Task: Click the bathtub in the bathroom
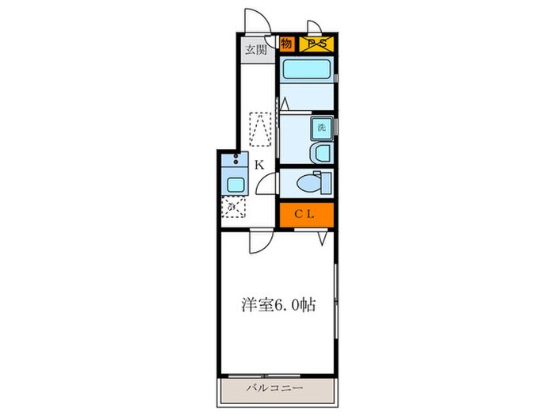(306, 73)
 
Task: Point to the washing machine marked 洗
(321, 127)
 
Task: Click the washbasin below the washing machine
(322, 151)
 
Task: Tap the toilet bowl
(312, 182)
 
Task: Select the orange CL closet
(306, 214)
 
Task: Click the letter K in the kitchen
(259, 166)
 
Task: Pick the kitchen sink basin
(236, 185)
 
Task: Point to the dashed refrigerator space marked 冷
(234, 208)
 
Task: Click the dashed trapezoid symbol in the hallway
(262, 128)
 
